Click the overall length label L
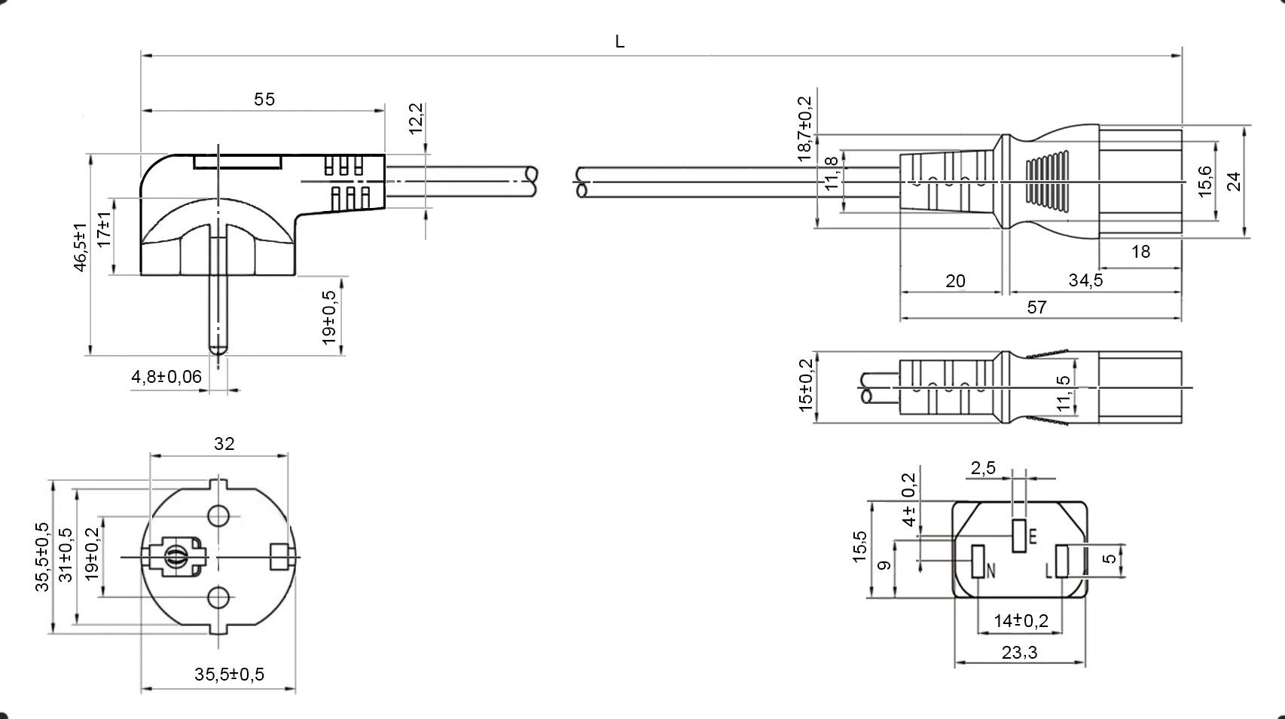620,42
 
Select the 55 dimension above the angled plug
264,99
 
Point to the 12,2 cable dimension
416,119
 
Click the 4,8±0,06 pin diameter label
166,377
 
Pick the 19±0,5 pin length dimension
329,317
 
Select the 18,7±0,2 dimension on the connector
805,128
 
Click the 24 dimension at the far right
1234,182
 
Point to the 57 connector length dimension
1036,307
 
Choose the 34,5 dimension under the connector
1085,280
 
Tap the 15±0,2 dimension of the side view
806,385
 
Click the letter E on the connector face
1033,537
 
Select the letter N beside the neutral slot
991,571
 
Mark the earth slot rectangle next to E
1019,536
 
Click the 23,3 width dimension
1019,653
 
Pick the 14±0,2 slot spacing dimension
1021,621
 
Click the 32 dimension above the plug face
224,444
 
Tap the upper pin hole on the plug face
218,516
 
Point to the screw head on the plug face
176,558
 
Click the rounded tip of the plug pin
218,348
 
